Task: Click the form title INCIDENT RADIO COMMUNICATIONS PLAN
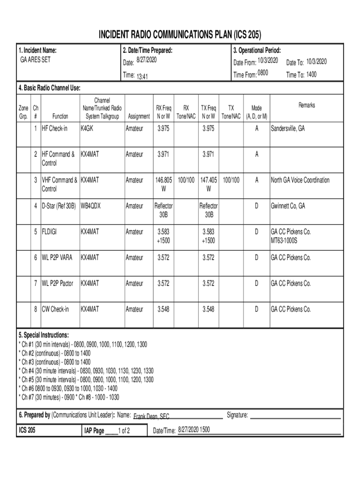click(x=180, y=35)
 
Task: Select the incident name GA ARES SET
click(x=36, y=60)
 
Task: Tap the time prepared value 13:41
click(x=142, y=76)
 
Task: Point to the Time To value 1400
click(x=311, y=74)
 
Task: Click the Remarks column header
click(x=306, y=105)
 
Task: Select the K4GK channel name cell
click(x=87, y=128)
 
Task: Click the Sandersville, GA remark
click(x=288, y=128)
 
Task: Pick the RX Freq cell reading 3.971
click(x=164, y=154)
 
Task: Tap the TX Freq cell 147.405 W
click(x=209, y=184)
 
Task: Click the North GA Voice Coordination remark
click(x=300, y=180)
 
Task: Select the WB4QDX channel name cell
click(x=91, y=206)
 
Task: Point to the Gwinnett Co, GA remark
click(x=288, y=206)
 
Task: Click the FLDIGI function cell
click(x=50, y=232)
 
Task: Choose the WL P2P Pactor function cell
click(x=58, y=283)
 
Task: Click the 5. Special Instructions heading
click(x=43, y=335)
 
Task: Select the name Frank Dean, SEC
click(x=151, y=416)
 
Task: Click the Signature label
click(x=238, y=415)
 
